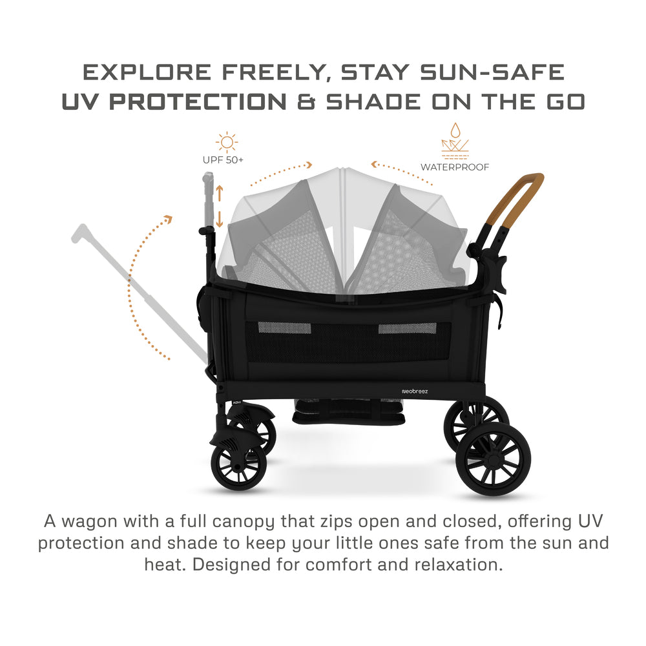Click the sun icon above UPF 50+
coord(226,142)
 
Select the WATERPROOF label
coord(455,167)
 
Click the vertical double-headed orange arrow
coord(219,206)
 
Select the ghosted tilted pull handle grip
coord(82,233)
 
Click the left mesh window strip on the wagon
coord(275,328)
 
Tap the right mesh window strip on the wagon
coord(399,328)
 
